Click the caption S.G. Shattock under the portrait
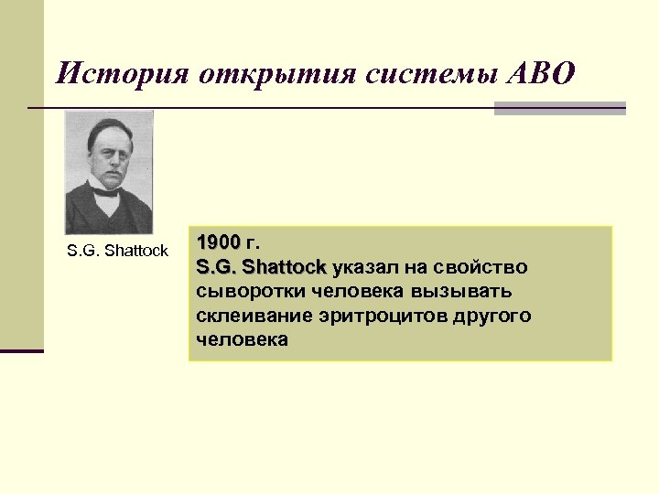(117, 251)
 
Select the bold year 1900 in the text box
(218, 243)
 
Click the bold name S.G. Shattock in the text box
(261, 267)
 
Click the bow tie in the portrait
(106, 191)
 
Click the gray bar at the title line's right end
(559, 108)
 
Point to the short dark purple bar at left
(22, 350)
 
